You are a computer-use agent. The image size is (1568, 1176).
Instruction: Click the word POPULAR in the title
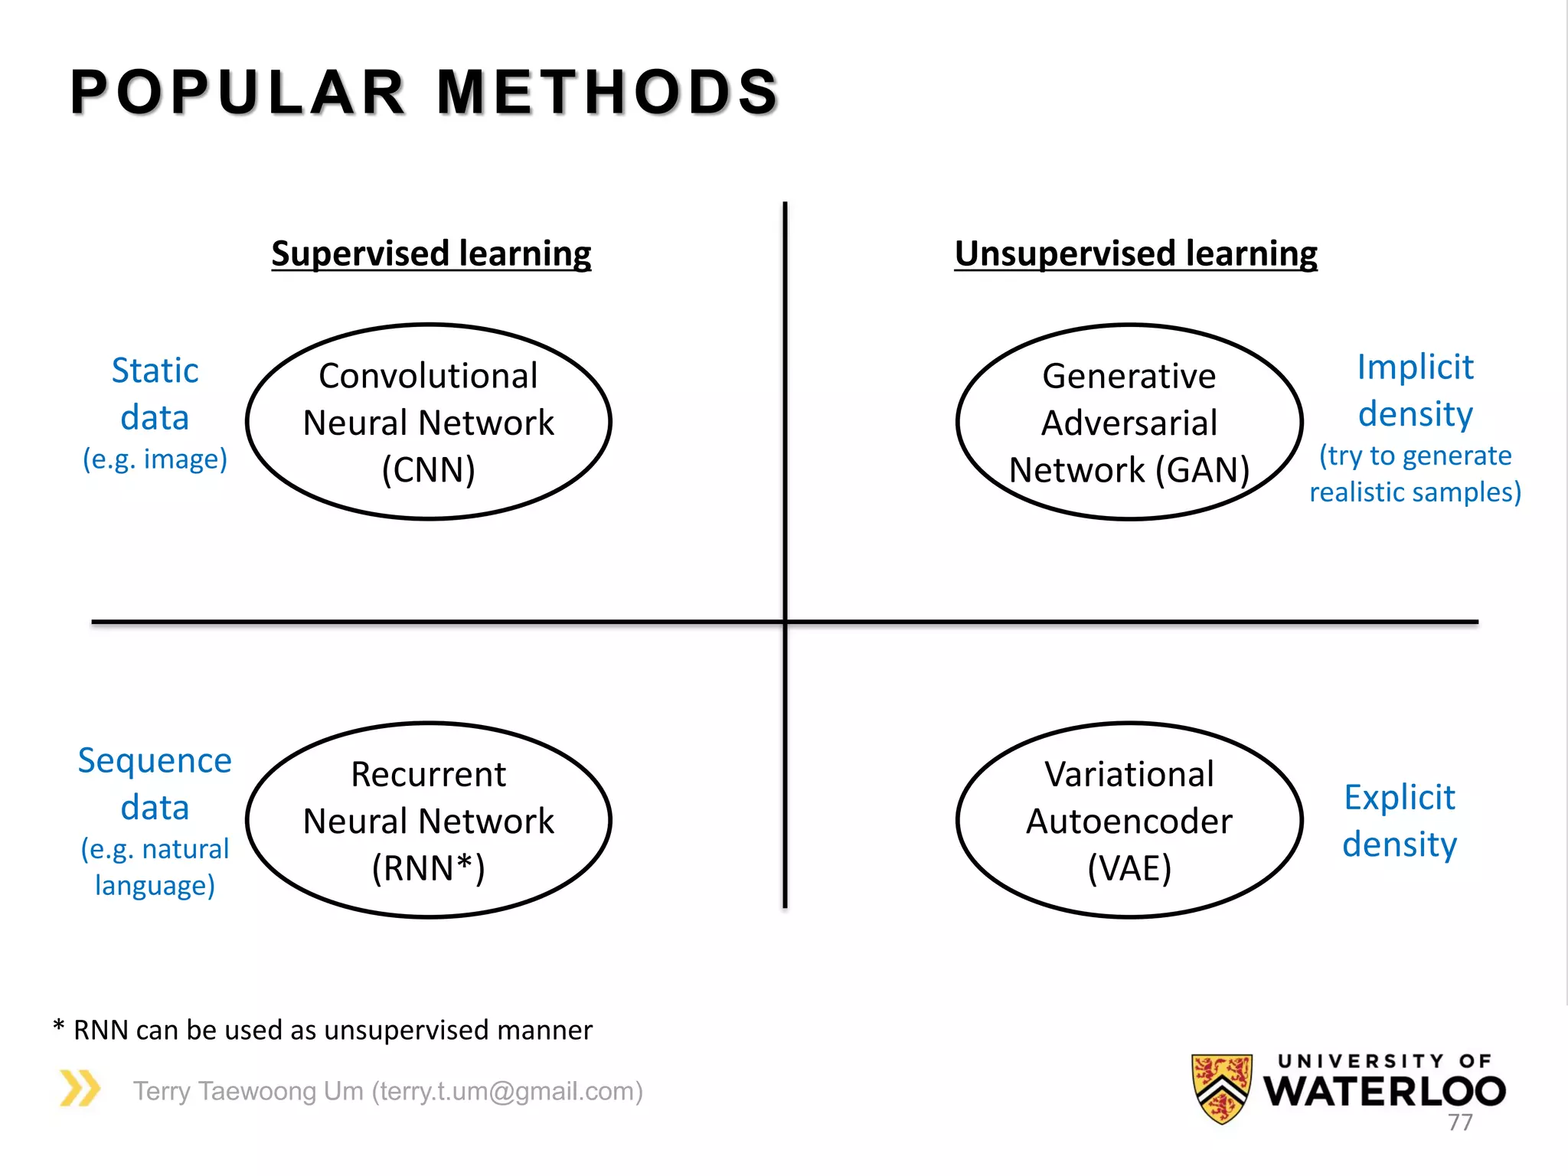237,93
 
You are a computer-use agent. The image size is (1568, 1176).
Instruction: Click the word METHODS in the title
608,93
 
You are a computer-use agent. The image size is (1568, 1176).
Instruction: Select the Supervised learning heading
431,253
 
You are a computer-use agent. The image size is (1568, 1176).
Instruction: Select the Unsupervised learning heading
1135,253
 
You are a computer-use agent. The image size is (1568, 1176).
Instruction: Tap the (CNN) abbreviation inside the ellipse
429,469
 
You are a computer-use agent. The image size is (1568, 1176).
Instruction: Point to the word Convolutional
429,376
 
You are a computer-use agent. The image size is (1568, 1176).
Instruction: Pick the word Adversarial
1129,423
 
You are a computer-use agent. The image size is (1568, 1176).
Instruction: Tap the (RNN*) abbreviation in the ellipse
429,868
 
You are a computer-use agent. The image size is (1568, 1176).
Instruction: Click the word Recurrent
429,774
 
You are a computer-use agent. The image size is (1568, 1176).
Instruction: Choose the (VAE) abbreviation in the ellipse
1129,868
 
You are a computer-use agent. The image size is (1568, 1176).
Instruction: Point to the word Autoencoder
1129,822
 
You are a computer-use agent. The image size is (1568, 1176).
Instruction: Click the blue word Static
155,371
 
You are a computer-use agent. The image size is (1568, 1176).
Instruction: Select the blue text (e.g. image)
155,459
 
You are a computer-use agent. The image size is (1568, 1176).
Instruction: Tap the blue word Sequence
155,760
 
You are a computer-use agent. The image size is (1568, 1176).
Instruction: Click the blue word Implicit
1415,367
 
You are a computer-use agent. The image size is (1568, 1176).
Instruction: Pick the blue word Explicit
1400,798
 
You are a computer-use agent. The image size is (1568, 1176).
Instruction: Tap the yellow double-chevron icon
80,1088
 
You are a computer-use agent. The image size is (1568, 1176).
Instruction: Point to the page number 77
1460,1122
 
